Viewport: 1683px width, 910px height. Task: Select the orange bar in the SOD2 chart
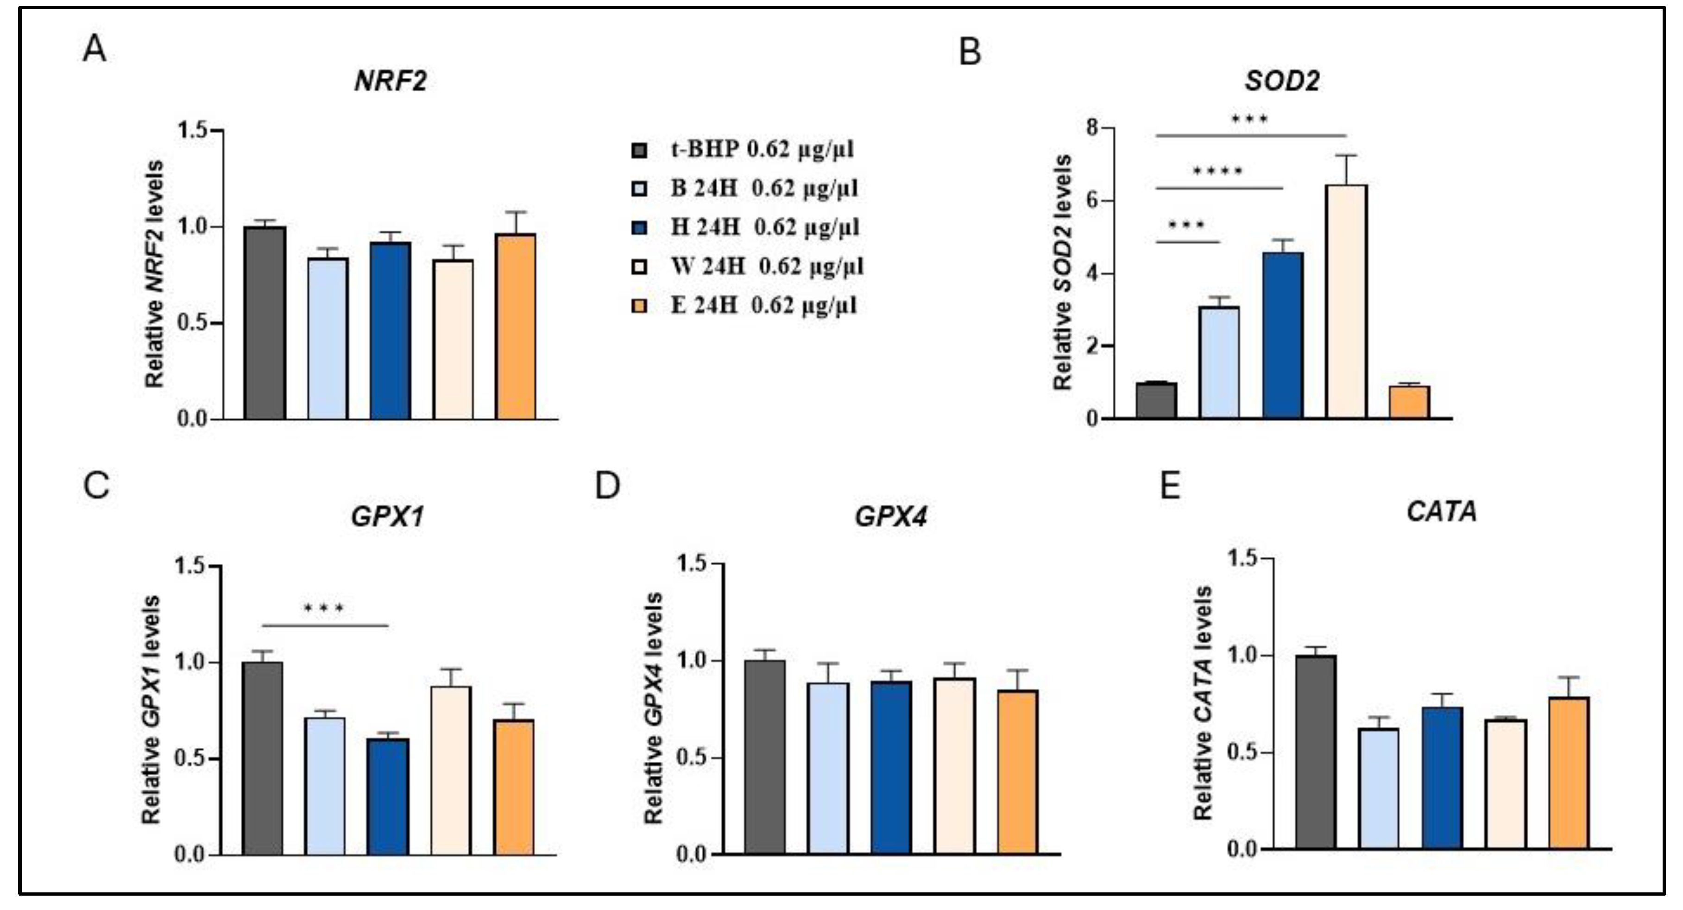pos(1409,402)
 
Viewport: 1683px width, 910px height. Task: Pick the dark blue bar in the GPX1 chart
pos(387,796)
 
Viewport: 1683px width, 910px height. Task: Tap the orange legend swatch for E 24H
pos(640,306)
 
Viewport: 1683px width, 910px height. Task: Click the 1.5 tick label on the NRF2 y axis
pos(191,131)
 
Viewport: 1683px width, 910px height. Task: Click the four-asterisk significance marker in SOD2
pos(1218,172)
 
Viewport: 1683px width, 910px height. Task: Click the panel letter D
pos(608,486)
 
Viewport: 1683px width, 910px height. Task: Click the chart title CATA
pos(1441,512)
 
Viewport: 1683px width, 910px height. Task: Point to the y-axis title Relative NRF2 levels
pos(155,274)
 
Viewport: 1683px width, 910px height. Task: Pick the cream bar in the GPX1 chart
pos(451,771)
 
